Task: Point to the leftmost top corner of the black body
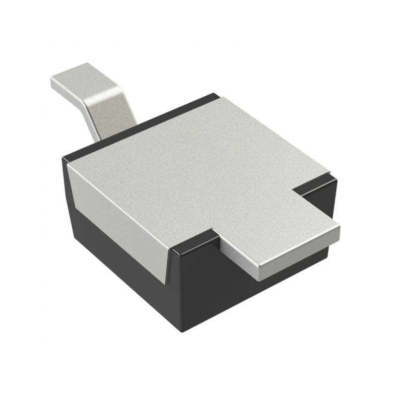click(65, 159)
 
